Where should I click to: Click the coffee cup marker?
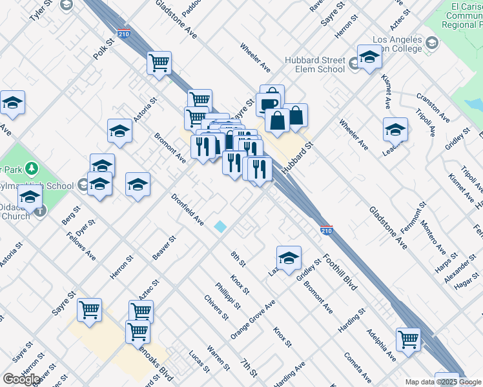pos(268,103)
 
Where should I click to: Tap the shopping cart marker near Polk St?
pos(159,63)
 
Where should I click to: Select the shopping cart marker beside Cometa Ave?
pos(408,339)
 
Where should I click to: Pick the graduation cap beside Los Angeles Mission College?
pos(369,57)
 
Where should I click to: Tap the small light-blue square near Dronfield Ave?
pos(221,226)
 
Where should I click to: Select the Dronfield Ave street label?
pos(187,210)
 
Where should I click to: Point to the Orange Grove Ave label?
pos(252,320)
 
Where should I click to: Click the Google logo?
pos(21,379)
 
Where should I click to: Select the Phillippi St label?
pos(228,295)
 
